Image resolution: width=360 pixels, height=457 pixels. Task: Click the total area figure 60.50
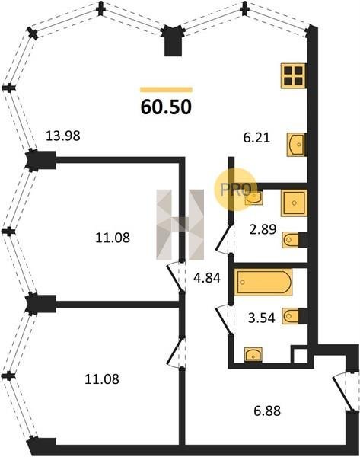pos(166,107)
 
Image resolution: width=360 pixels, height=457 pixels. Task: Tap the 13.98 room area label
pos(63,136)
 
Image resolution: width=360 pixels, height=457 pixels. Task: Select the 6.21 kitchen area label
pos(256,137)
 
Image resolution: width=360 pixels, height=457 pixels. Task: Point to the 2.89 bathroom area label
pos(263,229)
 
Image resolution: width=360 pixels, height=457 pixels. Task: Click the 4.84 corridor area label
pos(207,278)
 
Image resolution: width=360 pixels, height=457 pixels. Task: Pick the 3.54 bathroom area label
pos(261,318)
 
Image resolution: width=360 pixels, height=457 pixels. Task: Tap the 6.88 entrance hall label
pos(267,411)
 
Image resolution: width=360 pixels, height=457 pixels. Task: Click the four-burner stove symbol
pos(294,75)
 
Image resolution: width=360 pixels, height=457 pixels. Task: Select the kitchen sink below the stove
pos(297,145)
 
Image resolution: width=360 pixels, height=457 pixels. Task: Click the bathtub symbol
pos(263,282)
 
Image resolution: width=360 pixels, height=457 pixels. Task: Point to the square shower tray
pos(295,203)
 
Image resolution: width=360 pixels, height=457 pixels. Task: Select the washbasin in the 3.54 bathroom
pos(253,355)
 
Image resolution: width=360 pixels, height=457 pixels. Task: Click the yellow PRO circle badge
pos(236,190)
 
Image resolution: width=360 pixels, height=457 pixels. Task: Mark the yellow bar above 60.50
pos(166,90)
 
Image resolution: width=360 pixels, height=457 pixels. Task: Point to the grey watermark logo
pos(180,225)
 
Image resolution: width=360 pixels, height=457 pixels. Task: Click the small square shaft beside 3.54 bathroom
pos(300,355)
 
